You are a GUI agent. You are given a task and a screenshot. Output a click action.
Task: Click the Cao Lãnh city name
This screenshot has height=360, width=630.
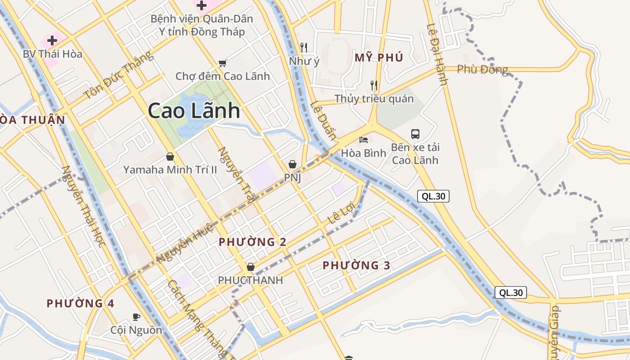point(193,111)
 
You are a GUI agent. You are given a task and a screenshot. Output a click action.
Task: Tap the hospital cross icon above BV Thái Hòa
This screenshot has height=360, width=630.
point(52,40)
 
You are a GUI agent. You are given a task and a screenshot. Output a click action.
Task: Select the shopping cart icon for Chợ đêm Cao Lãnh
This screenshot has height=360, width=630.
point(222,63)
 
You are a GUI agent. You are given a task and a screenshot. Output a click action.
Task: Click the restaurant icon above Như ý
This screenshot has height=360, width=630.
point(304,47)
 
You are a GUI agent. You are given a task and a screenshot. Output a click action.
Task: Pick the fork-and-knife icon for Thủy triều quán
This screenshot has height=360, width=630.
point(373,85)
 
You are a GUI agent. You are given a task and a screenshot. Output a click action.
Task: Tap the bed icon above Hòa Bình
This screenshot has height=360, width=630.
point(364,140)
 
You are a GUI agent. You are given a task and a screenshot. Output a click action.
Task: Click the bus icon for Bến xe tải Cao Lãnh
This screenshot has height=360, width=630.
point(415,134)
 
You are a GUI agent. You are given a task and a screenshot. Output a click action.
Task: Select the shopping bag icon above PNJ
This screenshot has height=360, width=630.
point(292,164)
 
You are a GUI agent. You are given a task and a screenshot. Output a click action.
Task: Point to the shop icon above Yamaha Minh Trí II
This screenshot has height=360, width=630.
point(170,157)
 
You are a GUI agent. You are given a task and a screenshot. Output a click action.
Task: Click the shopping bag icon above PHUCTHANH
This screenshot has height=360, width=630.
point(251,267)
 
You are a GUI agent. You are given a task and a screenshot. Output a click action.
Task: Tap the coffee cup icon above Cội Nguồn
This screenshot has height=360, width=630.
point(136,317)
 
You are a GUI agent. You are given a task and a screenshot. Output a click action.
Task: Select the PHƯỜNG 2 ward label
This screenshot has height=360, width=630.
point(252,242)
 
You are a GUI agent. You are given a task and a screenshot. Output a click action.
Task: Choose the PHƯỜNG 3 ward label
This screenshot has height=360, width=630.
point(356,265)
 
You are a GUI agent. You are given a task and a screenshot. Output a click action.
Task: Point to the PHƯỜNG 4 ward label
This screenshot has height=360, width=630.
point(81,303)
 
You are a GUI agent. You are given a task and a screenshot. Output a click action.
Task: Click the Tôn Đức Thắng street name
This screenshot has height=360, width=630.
point(118,75)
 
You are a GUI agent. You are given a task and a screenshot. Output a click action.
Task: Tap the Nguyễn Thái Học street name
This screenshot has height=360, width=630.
point(84,207)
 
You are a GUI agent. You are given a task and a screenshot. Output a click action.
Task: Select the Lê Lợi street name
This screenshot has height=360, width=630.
point(342,213)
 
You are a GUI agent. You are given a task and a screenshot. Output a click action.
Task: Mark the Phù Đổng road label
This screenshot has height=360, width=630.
point(482,69)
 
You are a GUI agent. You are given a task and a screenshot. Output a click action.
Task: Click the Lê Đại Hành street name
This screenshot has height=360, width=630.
point(437,54)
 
